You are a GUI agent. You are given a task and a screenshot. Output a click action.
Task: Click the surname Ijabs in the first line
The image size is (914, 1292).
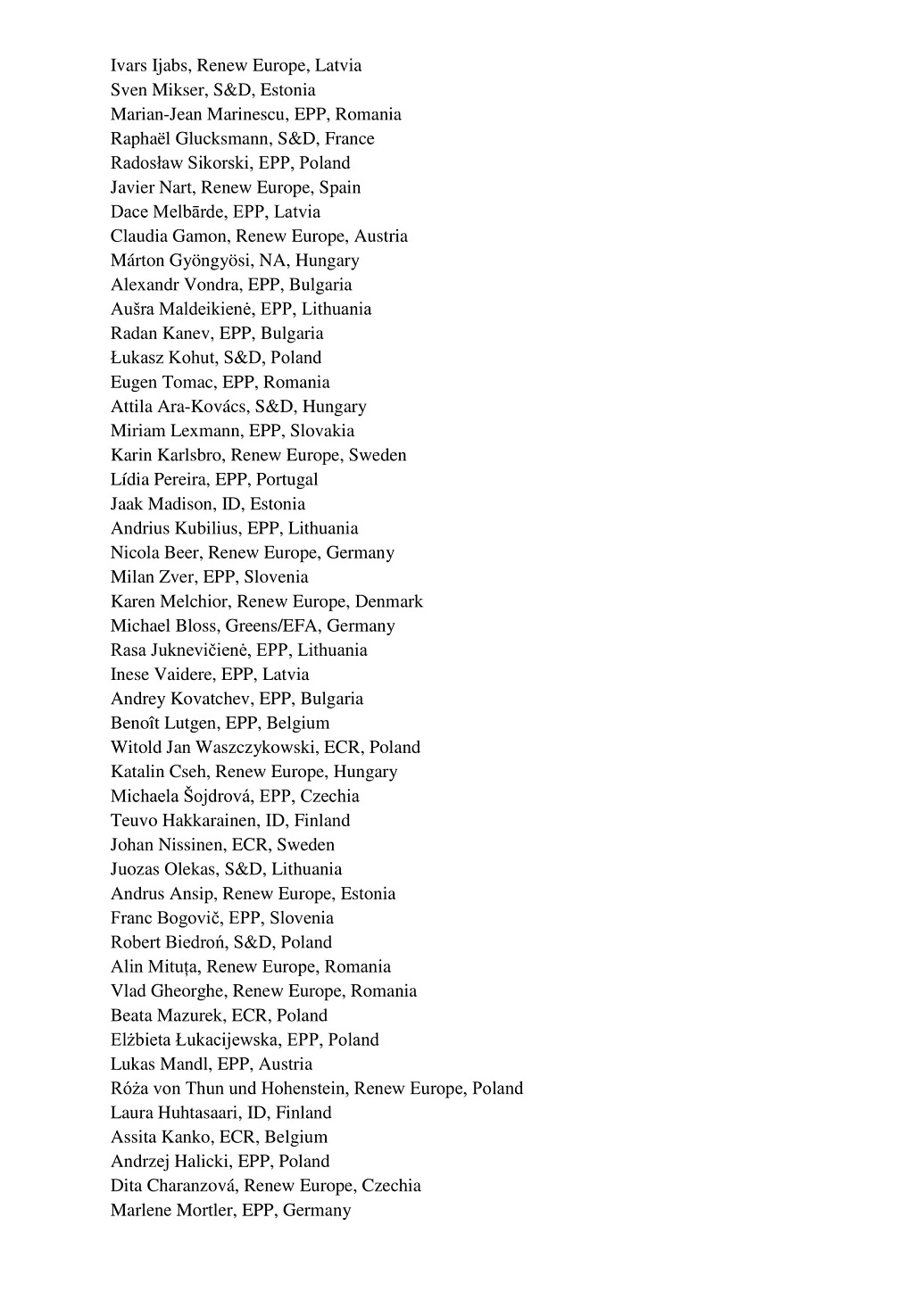coord(170,66)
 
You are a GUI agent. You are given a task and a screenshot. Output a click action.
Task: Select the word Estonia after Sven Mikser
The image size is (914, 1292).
coord(287,90)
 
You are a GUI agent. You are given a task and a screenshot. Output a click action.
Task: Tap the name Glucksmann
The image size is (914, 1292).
coord(222,139)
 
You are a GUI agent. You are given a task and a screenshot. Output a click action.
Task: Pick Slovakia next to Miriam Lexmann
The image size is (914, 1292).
coord(322,431)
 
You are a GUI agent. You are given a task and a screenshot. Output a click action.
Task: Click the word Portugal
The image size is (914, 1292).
coord(287,480)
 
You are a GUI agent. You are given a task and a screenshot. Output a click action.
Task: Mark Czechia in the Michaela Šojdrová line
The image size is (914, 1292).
coord(329,796)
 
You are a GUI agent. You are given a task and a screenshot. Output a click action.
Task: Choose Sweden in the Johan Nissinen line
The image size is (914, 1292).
coord(305,845)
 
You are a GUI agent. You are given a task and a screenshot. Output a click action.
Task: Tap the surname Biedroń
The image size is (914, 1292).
coord(194,942)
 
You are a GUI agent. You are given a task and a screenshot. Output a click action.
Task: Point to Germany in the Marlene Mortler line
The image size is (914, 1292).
coord(317,1211)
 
